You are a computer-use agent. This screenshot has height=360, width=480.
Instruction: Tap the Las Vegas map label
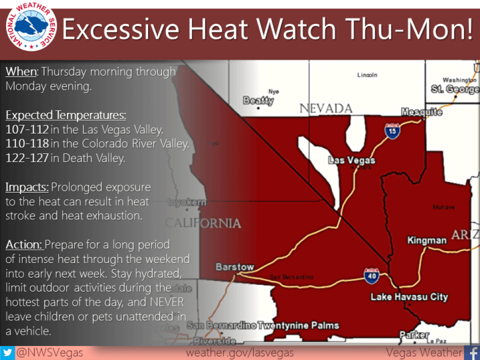[x=352, y=160]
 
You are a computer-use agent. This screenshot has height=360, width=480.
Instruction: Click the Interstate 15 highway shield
[x=394, y=132]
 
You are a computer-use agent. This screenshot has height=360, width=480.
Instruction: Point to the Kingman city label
[x=427, y=240]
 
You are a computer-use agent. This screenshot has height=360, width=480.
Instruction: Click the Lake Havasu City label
[x=409, y=297]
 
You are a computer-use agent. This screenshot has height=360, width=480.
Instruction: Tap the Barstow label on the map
[x=235, y=267]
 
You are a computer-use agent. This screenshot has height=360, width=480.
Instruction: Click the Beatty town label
[x=258, y=101]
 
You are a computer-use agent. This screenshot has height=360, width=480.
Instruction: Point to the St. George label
[x=454, y=88]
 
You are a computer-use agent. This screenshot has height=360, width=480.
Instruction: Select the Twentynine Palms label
[x=298, y=325]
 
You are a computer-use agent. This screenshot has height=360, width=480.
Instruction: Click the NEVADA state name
[x=325, y=108]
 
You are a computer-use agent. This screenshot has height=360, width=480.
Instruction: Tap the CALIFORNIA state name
[x=203, y=223]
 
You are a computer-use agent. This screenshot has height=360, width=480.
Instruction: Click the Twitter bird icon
[x=8, y=352]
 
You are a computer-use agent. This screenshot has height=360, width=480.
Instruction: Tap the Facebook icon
[x=473, y=352]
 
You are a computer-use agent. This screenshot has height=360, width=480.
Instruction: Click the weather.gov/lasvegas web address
[x=240, y=352]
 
